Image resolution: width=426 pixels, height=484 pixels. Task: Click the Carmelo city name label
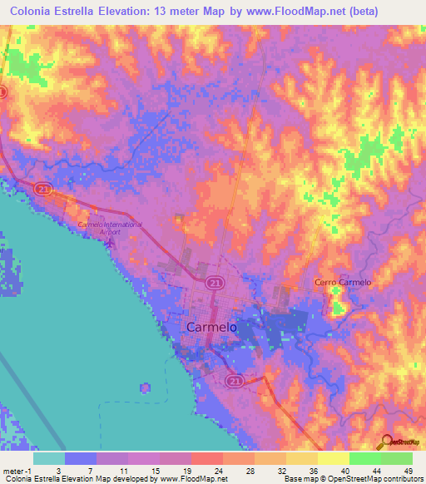211,328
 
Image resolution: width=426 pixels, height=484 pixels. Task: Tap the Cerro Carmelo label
343,283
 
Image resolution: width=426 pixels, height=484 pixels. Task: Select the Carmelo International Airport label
110,229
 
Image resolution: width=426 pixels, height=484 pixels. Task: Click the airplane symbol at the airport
115,242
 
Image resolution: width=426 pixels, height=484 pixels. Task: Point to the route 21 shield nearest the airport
42,190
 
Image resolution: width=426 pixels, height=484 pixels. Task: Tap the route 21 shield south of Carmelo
235,381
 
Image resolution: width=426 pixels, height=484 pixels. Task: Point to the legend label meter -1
17,470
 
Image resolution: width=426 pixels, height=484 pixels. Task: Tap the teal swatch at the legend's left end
49,458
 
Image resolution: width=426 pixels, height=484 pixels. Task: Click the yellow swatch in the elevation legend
333,458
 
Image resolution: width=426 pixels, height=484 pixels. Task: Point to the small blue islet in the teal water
146,388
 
